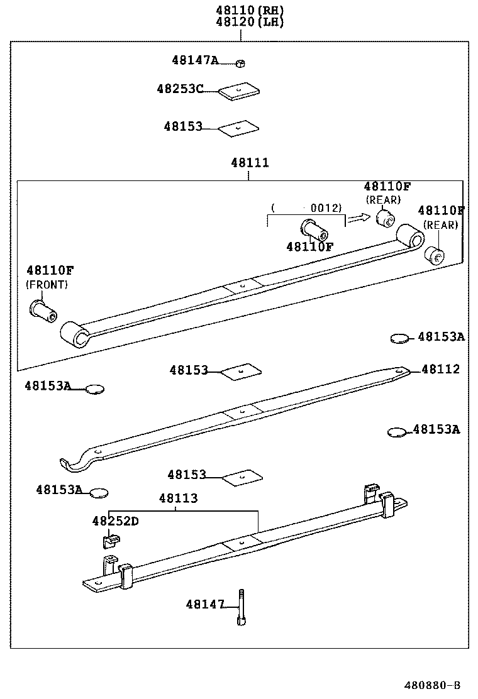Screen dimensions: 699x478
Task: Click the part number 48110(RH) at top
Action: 240,9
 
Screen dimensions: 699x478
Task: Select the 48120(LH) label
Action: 240,22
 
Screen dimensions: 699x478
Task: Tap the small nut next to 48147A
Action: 240,62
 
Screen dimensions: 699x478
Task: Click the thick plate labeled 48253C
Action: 239,92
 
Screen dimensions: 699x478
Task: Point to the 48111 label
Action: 250,163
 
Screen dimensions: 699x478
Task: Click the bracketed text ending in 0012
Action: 306,207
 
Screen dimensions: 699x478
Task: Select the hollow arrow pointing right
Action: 359,217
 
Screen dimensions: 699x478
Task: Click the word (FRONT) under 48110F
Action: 47,284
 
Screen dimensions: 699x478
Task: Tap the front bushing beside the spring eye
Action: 43,309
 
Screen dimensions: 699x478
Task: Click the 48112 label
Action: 440,369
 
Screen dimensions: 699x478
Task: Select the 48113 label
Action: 178,498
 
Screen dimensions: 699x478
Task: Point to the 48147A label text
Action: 195,60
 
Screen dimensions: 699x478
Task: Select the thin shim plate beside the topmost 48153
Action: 238,128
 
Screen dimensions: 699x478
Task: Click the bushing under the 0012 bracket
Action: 314,230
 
